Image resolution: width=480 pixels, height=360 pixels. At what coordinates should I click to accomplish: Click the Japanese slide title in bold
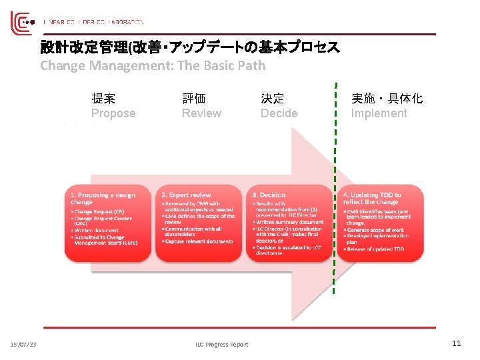pos(190,47)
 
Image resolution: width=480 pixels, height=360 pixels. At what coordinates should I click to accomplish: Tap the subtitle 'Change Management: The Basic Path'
pos(153,65)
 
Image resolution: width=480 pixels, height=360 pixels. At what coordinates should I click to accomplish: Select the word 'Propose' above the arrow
pos(113,113)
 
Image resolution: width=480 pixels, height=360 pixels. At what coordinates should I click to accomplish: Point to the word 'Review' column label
pos(201,113)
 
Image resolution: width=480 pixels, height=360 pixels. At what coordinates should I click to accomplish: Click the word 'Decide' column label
pos(279,113)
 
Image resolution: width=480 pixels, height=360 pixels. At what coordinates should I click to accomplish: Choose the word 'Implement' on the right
pos(379,113)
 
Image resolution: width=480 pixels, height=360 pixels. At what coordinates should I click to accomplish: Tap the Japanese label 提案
pos(103,99)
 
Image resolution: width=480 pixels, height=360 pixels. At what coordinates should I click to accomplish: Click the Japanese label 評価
pos(194,99)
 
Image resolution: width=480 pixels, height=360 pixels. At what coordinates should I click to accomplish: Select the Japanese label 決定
pos(272,99)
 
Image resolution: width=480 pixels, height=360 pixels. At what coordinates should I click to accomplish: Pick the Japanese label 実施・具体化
pos(387,99)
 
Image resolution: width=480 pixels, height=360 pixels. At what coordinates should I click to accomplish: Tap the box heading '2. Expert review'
pos(186,195)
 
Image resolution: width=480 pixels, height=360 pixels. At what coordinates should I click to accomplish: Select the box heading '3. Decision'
pos(269,195)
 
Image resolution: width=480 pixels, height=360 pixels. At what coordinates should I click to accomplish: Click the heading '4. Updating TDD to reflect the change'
pos(372,198)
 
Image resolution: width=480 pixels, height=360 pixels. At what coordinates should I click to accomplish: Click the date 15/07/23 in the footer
pos(23,344)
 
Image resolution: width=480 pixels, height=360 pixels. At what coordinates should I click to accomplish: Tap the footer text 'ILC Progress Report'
pos(222,344)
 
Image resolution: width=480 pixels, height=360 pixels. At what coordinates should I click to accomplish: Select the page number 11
pos(456,343)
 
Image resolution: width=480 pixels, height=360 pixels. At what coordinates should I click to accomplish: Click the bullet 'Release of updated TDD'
pos(377,249)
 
